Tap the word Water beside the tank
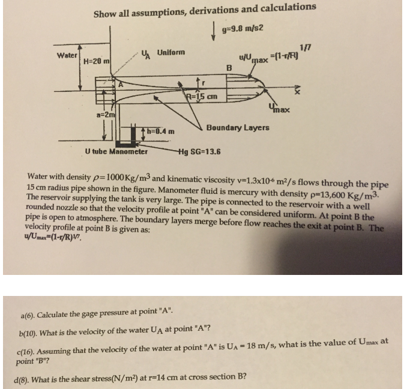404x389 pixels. point(66,55)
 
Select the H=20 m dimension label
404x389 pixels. point(95,62)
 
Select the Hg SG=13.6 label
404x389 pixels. point(200,151)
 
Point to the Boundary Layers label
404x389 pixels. point(238,128)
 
